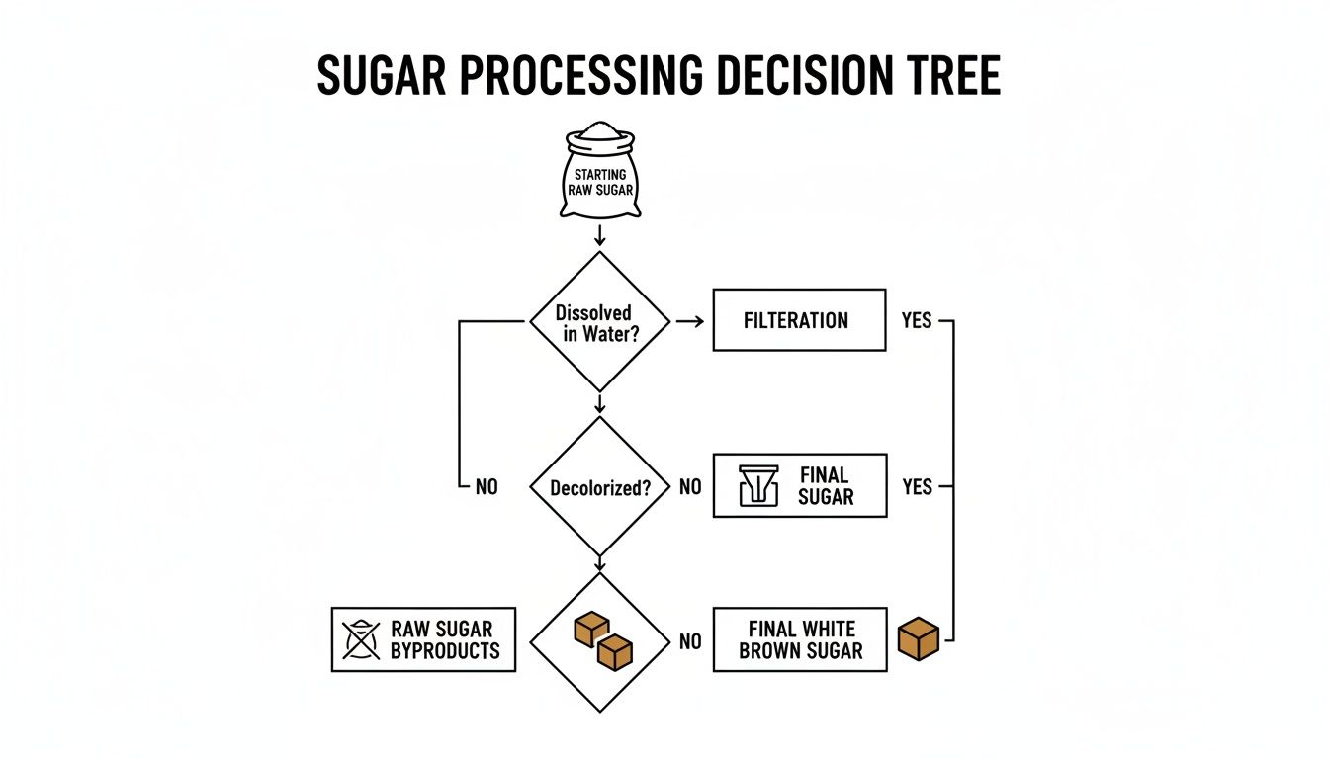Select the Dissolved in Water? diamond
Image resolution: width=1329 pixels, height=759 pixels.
pyautogui.click(x=600, y=321)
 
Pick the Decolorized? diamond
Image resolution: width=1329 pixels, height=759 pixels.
pyautogui.click(x=600, y=487)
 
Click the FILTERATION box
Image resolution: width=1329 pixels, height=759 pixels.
pyautogui.click(x=799, y=320)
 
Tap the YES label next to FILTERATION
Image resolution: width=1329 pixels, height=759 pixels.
pyautogui.click(x=917, y=320)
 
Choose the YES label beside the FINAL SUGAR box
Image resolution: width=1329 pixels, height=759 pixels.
pyautogui.click(x=917, y=486)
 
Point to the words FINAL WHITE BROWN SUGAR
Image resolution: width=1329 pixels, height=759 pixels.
pyautogui.click(x=801, y=640)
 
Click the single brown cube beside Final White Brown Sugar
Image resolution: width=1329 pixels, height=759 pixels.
pyautogui.click(x=918, y=638)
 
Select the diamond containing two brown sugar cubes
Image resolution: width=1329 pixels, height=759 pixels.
pyautogui.click(x=600, y=642)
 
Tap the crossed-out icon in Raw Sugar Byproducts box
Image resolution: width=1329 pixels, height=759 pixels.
pyautogui.click(x=360, y=639)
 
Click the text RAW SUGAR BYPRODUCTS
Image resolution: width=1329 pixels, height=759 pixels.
pyautogui.click(x=445, y=639)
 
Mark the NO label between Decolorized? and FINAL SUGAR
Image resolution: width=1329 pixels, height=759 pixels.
pyautogui.click(x=690, y=487)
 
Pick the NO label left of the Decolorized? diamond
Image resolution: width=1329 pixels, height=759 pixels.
pyautogui.click(x=487, y=487)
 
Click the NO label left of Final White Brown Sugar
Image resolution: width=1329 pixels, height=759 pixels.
pyautogui.click(x=690, y=642)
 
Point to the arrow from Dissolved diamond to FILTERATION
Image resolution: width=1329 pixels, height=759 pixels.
pyautogui.click(x=690, y=320)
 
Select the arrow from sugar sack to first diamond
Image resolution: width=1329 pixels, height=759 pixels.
pyautogui.click(x=599, y=235)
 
